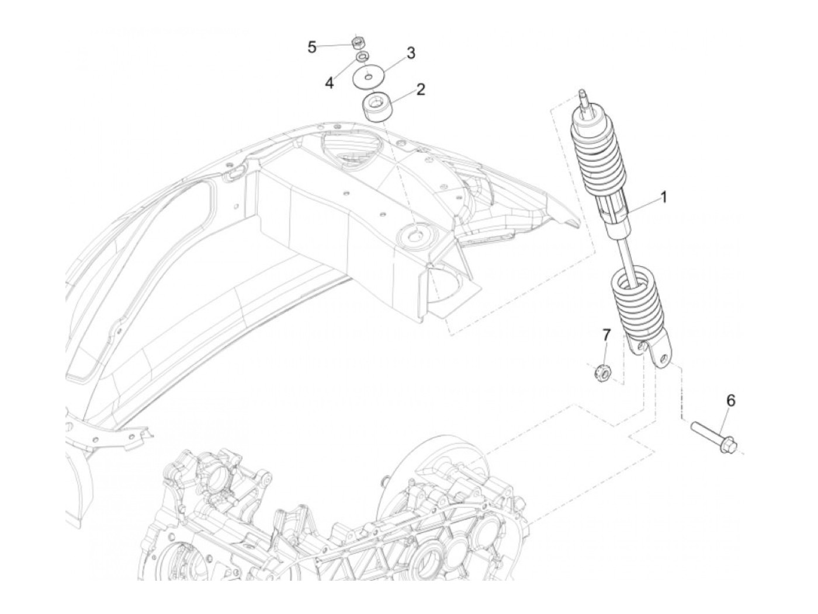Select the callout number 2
421,89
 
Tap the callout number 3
411,53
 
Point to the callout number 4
330,83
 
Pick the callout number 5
312,47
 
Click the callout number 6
730,400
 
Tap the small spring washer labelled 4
362,57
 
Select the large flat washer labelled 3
368,76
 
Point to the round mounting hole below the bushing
416,236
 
